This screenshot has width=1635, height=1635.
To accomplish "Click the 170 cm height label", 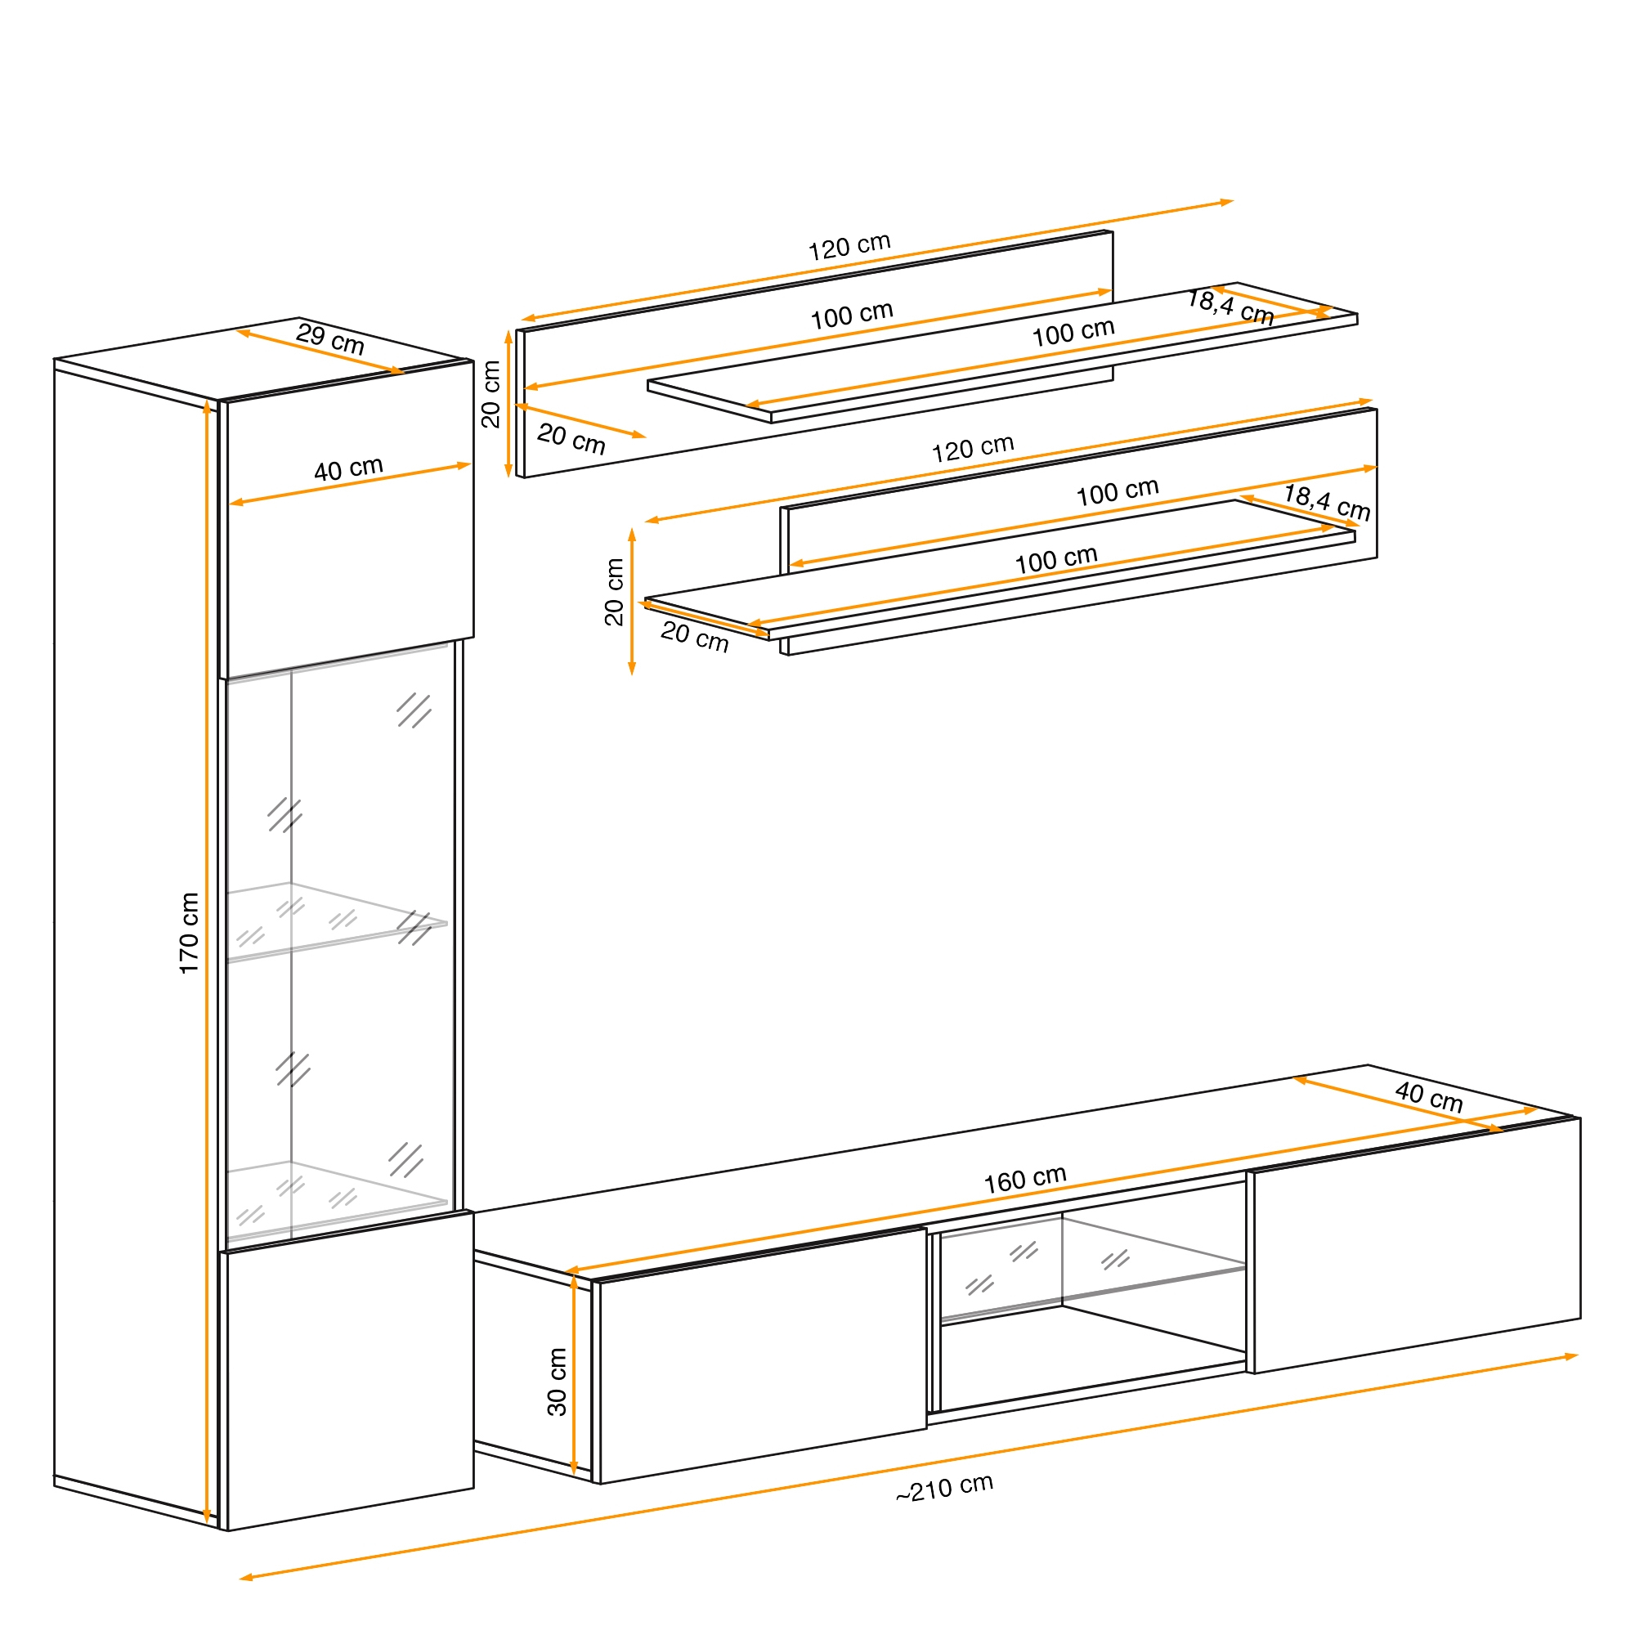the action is [x=189, y=933].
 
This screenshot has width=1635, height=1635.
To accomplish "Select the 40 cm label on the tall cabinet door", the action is [x=349, y=468].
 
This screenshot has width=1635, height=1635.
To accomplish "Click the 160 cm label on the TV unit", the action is [x=1025, y=1179].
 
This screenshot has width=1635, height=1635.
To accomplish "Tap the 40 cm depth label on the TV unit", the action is [x=1429, y=1097].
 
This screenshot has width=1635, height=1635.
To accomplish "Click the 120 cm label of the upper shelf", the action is [x=849, y=246].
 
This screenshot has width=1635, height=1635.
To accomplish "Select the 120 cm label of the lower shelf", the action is [x=973, y=449].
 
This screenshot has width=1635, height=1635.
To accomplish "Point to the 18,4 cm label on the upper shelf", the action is [x=1230, y=307].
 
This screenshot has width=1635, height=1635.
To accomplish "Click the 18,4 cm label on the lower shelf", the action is [x=1327, y=502].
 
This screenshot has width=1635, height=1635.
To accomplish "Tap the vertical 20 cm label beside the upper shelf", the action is [x=490, y=394].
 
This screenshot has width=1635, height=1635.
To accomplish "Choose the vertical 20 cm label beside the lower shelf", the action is [x=615, y=593].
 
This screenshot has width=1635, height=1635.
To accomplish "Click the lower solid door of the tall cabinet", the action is [x=350, y=1371].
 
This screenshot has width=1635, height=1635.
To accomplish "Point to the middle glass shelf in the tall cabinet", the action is [x=337, y=921].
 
